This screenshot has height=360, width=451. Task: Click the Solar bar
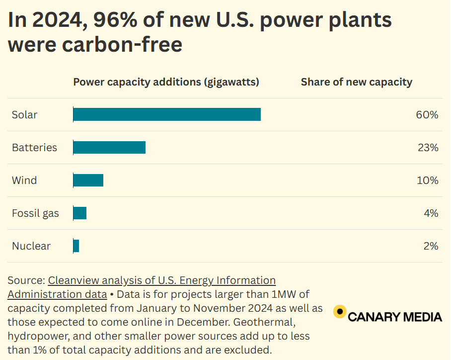point(167,114)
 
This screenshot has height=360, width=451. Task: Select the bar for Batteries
point(109,147)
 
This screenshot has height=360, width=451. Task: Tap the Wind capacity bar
point(88,180)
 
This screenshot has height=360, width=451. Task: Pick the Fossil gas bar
point(80,213)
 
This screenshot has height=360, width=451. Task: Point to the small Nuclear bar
point(76,246)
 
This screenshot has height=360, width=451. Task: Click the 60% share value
point(427,115)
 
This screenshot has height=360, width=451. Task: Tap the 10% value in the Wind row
point(427,180)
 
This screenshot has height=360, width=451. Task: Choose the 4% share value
point(431,213)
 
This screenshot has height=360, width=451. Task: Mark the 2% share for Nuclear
point(431,246)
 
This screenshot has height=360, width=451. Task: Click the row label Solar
point(25,115)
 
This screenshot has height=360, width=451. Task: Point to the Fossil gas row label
point(35,213)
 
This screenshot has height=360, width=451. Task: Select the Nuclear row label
point(31,246)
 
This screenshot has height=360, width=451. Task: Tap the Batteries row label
point(34,148)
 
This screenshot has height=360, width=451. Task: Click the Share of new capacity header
point(356,82)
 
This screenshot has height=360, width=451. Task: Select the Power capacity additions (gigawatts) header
point(166,82)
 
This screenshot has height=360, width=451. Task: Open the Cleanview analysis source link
point(161,280)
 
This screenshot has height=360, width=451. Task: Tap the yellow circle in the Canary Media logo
point(340,311)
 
